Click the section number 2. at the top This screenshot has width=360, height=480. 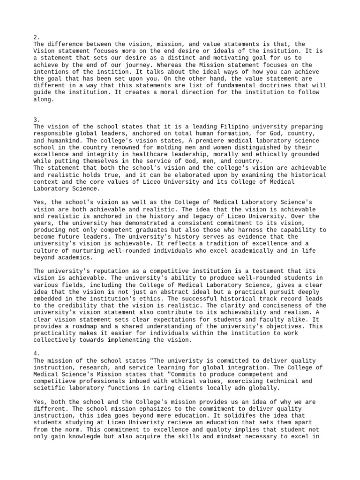coord(37,37)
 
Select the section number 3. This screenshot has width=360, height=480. coord(37,120)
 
